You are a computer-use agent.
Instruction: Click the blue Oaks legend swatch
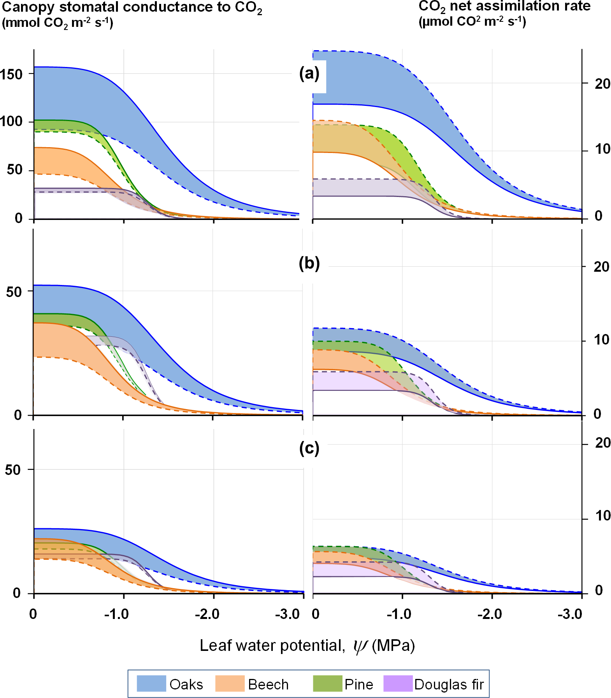click(151, 684)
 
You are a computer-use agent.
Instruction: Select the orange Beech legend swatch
click(230, 684)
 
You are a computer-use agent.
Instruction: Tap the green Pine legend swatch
click(327, 684)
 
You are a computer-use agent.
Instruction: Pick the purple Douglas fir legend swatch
click(398, 684)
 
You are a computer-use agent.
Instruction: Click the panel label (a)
click(309, 73)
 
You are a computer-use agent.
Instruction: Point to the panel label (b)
click(309, 264)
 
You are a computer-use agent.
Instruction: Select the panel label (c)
click(309, 448)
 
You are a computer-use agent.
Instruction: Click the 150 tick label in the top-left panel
click(12, 74)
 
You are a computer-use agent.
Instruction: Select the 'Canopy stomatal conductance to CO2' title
click(132, 7)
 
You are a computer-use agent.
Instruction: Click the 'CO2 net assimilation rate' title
click(504, 7)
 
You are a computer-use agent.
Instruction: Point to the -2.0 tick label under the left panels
click(207, 614)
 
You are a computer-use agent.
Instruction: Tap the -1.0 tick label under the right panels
click(399, 614)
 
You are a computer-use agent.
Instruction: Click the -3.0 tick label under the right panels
click(570, 614)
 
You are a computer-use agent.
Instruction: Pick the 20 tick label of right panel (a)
click(602, 84)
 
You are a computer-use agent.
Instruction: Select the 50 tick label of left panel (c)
click(13, 470)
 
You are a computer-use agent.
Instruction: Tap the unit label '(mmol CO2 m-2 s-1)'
click(58, 23)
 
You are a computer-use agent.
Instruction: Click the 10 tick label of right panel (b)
click(601, 340)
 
